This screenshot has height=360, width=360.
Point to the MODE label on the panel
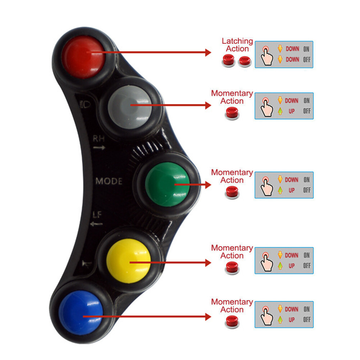click(109, 181)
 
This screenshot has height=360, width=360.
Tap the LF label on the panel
click(97, 215)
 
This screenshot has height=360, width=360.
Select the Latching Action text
click(237, 45)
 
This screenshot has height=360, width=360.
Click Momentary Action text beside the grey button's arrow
click(232, 97)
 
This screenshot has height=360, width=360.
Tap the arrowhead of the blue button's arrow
click(208, 317)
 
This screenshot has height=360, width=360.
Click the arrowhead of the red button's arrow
click(208, 53)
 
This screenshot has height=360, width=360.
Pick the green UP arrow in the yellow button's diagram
click(280, 266)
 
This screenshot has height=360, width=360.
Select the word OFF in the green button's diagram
click(306, 190)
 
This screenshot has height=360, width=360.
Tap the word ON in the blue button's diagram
click(306, 309)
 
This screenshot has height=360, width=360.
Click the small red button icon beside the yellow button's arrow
click(232, 268)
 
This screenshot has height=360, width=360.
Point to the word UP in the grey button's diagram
click(291, 111)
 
